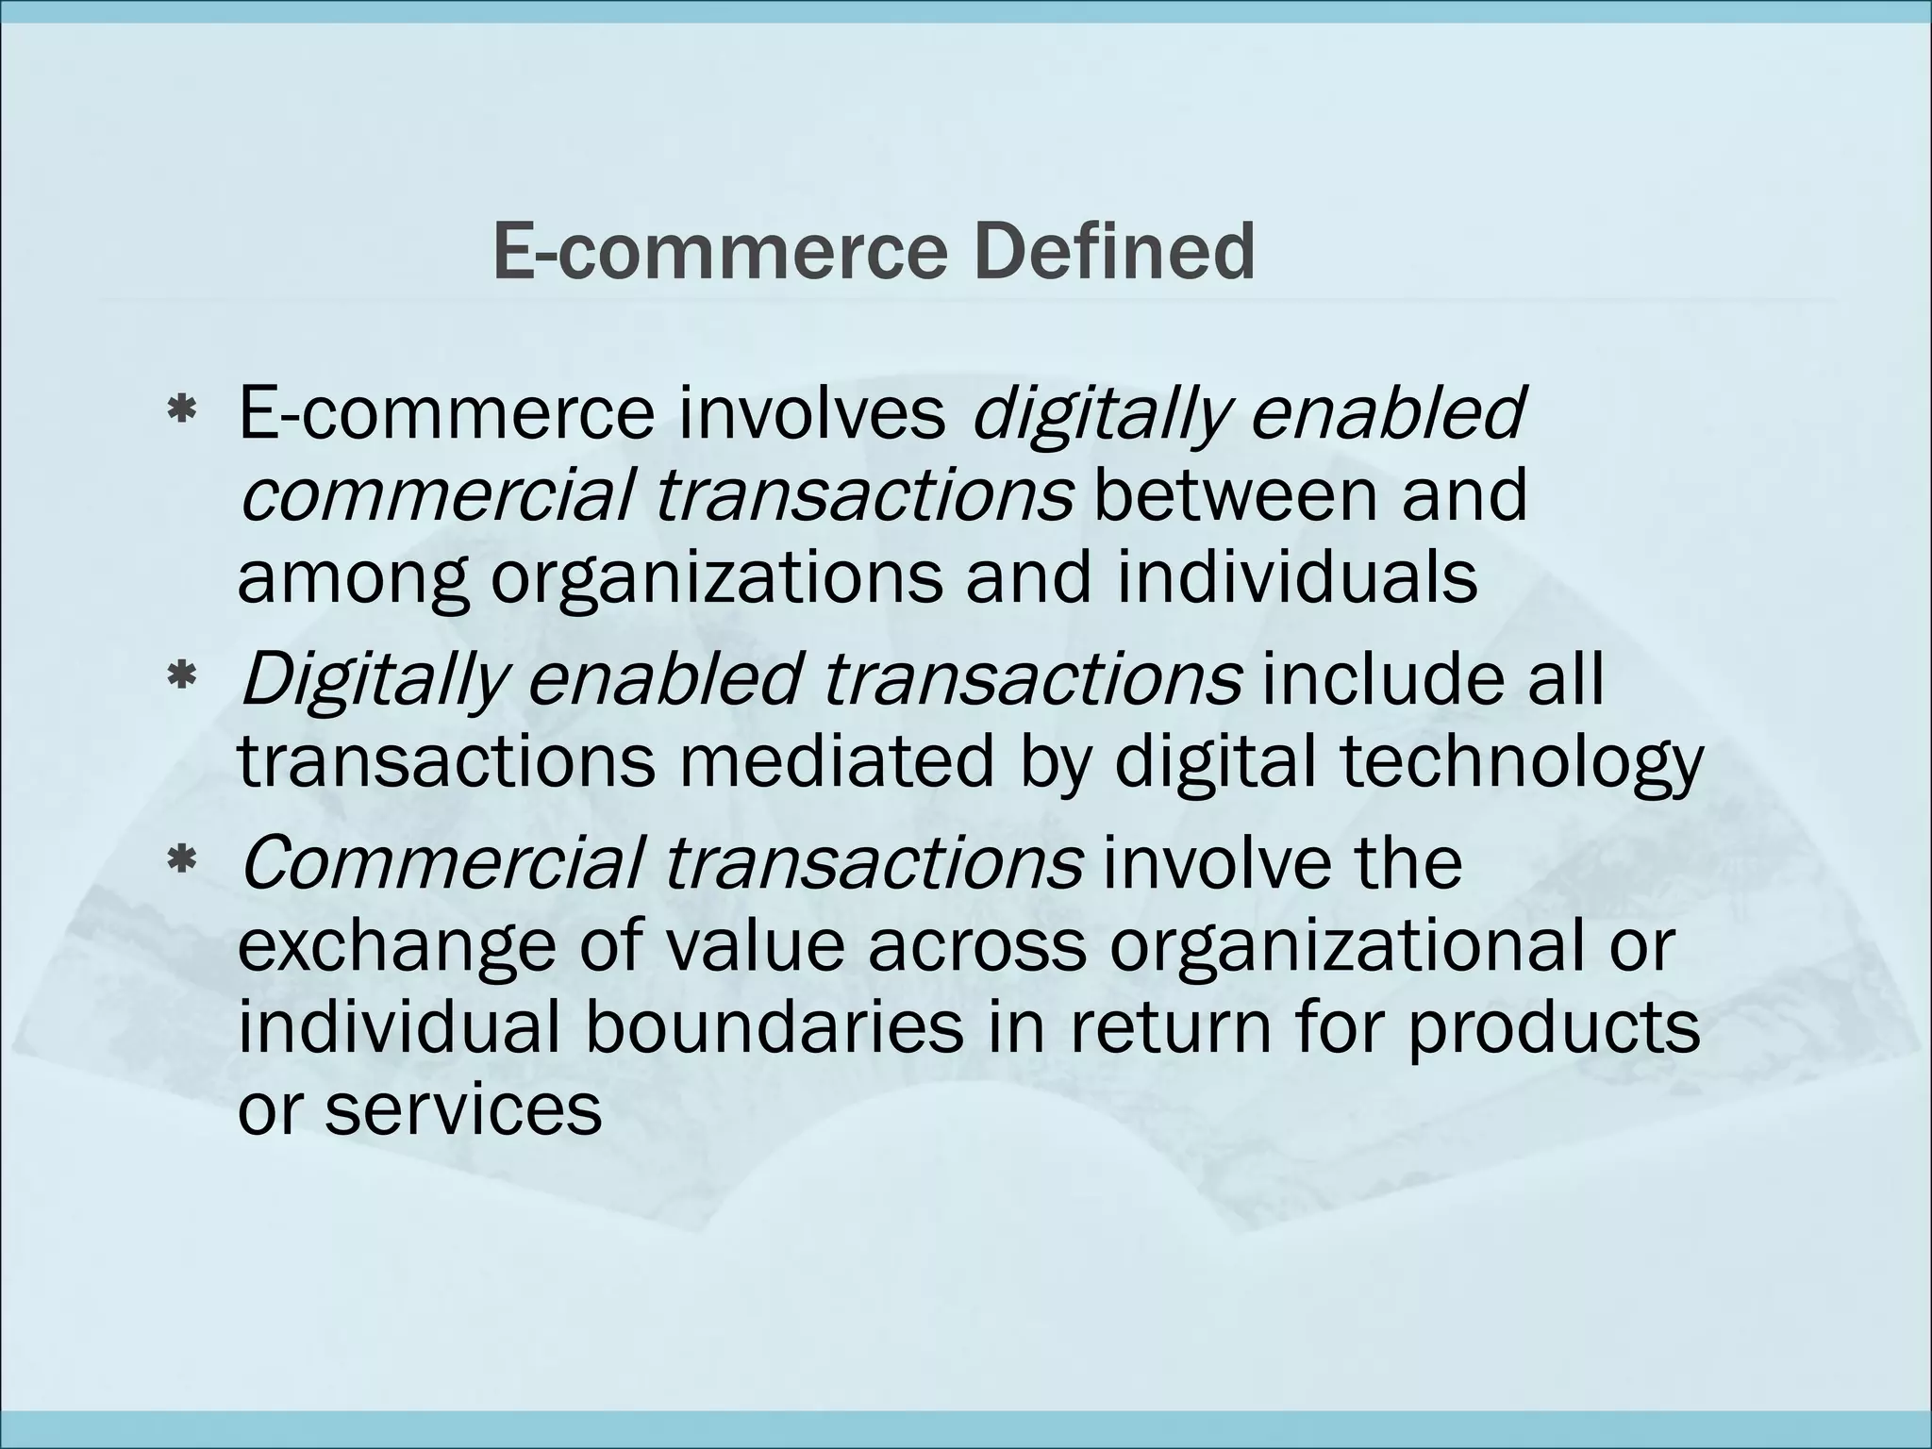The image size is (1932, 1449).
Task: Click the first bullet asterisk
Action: (x=180, y=411)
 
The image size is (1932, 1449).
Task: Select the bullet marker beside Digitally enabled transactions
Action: (x=180, y=675)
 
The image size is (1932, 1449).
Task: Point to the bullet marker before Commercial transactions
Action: (x=180, y=860)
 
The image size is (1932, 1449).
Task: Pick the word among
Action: (x=352, y=577)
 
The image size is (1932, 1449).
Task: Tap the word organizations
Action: (x=716, y=577)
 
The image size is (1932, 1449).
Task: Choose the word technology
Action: (x=1521, y=762)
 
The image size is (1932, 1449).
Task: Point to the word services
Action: (x=463, y=1109)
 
